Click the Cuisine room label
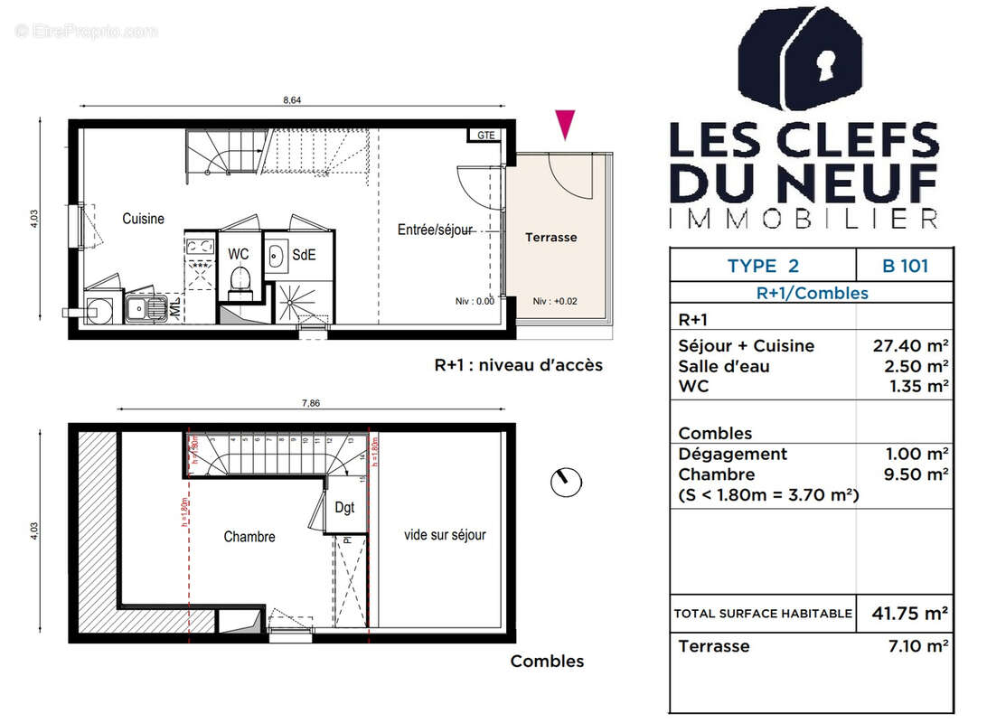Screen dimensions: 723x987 coord(144,219)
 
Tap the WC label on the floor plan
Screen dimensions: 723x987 coord(239,254)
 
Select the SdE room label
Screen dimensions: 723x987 coord(303,255)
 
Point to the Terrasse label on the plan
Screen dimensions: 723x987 coord(550,237)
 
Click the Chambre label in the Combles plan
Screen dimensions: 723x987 coord(249,537)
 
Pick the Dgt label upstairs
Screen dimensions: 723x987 coord(344,508)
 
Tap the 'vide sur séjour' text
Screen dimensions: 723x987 coord(445,535)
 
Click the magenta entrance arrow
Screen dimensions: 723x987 coord(565,124)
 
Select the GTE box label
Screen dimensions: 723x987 coord(486,136)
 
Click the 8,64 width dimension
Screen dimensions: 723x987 coord(292,100)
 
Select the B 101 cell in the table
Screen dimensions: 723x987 coord(905,266)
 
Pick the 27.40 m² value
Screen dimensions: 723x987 coord(914,346)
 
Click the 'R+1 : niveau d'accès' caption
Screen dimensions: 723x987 coord(518,365)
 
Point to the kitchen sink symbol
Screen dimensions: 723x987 coord(145,308)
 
